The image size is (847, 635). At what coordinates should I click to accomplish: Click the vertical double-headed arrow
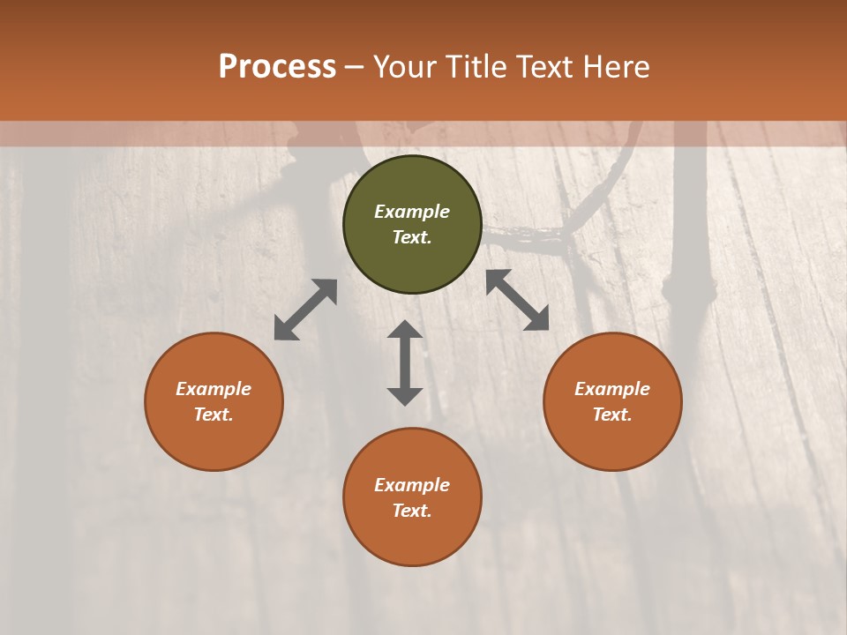point(405,362)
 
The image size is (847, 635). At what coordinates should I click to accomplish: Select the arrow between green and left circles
point(305,310)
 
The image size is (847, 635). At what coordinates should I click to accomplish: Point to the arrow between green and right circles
point(517,300)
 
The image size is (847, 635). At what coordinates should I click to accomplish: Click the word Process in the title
point(277,66)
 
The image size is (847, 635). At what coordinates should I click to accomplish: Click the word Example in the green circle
point(412,212)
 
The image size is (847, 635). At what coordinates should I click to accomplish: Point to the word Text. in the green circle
point(412,237)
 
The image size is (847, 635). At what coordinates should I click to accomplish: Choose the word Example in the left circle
point(214,389)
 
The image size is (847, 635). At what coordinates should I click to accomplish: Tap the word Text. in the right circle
point(612,415)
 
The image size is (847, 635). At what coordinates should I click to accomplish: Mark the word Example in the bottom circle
point(412,485)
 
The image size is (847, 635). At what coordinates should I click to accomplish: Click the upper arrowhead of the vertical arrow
point(405,330)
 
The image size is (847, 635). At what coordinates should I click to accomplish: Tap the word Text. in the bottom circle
point(412,511)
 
